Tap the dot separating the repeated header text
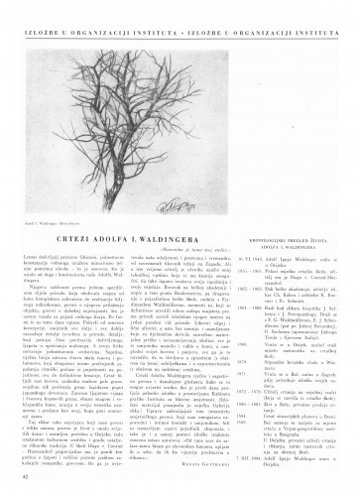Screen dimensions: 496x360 tap(180, 18)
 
